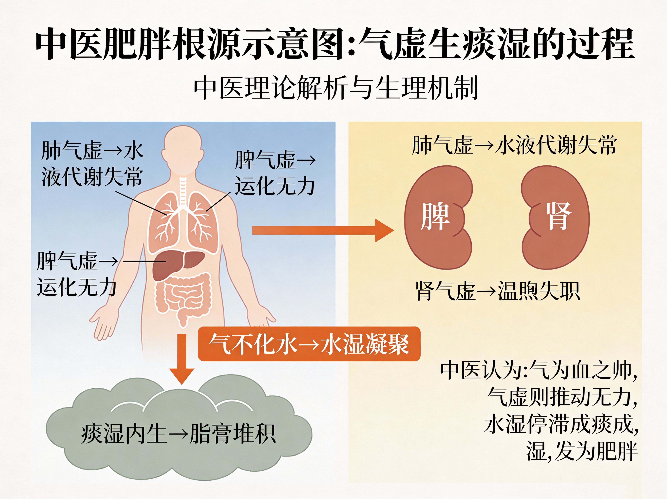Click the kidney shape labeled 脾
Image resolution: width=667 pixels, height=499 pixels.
pos(437,217)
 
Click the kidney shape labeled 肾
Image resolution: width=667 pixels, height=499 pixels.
pos(556,217)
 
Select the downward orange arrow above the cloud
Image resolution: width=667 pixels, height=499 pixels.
pos(181,359)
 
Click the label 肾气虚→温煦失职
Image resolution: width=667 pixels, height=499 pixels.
pos(498,291)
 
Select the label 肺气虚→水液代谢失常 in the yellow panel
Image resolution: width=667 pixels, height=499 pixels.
pos(514,145)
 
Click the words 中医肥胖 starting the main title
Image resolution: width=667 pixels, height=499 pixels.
pos(104,44)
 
